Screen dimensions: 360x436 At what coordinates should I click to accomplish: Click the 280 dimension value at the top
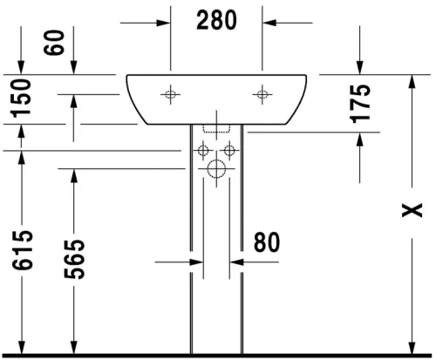click(x=216, y=22)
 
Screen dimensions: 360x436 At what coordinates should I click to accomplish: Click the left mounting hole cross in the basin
click(x=170, y=93)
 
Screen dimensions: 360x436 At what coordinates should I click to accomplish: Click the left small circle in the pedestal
click(x=202, y=151)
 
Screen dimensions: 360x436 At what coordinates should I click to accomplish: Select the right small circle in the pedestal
click(x=228, y=151)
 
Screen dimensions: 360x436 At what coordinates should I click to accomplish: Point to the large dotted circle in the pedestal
click(x=215, y=169)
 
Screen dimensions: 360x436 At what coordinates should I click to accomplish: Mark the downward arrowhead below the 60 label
click(x=73, y=69)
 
